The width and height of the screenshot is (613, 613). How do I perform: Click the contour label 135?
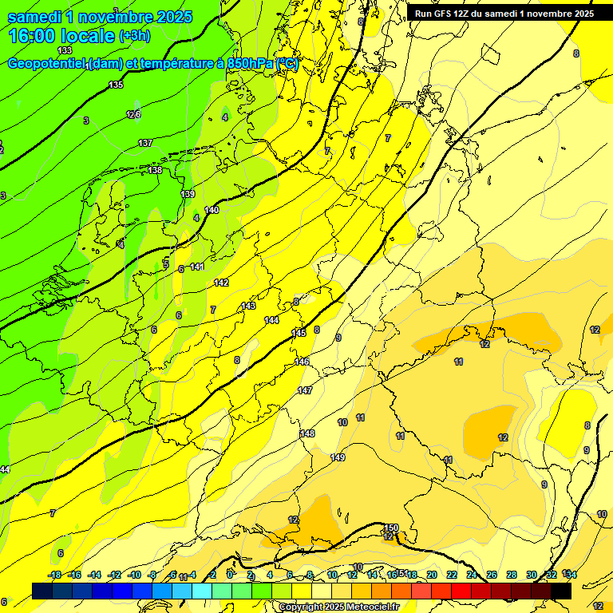[116, 85]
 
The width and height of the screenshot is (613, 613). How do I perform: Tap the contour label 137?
[145, 143]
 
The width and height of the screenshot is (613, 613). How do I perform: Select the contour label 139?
[188, 194]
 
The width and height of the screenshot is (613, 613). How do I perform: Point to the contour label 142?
[221, 283]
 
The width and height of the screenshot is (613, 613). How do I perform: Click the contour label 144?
[271, 319]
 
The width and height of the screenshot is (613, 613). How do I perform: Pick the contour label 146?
[302, 362]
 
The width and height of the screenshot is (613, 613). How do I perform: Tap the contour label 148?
[307, 433]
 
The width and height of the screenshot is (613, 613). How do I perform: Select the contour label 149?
[338, 457]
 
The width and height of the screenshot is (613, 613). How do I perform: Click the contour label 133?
[65, 50]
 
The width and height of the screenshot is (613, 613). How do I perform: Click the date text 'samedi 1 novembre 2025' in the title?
[100, 17]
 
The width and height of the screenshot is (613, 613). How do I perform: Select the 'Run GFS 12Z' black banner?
[504, 13]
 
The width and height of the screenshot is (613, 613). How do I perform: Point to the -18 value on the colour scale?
[54, 575]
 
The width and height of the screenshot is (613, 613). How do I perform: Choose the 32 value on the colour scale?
[551, 575]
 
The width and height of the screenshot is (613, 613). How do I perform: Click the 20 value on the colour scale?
[432, 575]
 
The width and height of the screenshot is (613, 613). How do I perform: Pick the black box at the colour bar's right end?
[561, 591]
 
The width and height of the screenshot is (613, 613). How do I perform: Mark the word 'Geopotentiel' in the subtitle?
[46, 64]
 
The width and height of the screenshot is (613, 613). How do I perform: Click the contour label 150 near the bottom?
[390, 528]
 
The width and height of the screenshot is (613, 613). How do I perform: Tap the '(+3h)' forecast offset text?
[134, 36]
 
